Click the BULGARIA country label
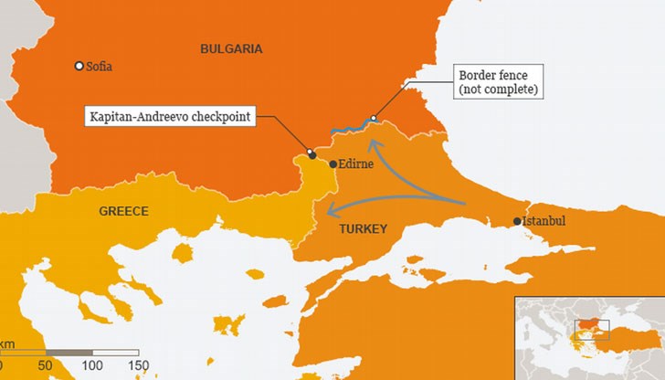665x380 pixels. [x=231, y=48]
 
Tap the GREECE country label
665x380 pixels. [x=123, y=211]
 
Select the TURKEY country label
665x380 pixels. [x=363, y=228]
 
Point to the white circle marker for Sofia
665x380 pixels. [x=79, y=66]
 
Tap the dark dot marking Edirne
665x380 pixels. [x=333, y=164]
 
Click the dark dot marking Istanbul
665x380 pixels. [x=517, y=221]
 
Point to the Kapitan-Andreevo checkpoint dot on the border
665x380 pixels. [x=311, y=154]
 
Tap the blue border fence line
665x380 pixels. [x=352, y=126]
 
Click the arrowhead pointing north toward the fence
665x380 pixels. [x=371, y=144]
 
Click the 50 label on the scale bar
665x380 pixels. [x=46, y=366]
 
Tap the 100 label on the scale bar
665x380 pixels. [x=91, y=366]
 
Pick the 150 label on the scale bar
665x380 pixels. [x=138, y=366]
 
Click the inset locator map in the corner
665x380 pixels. [x=589, y=337]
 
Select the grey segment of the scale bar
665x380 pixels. [x=69, y=352]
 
